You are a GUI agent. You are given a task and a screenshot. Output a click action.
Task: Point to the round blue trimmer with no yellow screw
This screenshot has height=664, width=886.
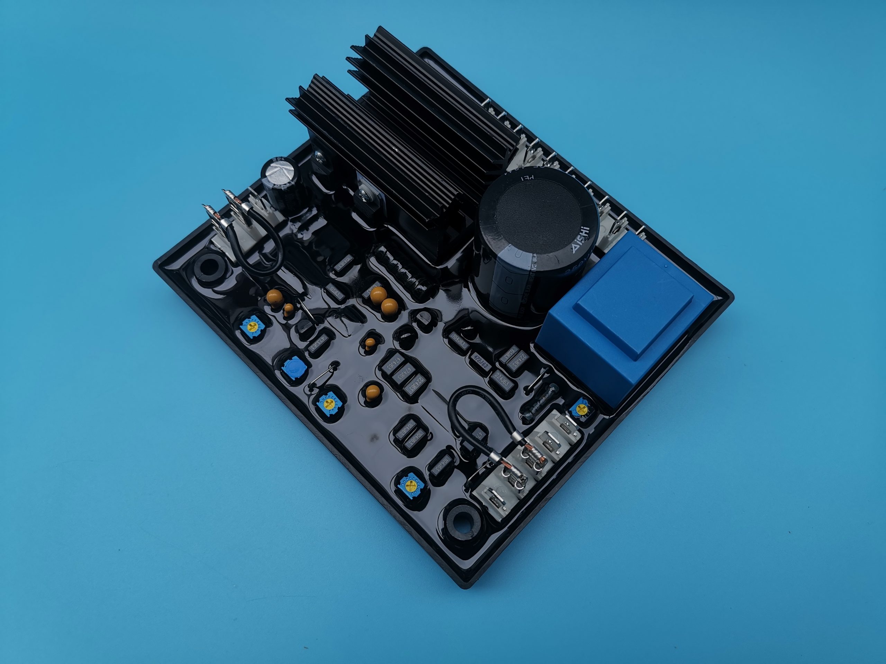click(x=292, y=367)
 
